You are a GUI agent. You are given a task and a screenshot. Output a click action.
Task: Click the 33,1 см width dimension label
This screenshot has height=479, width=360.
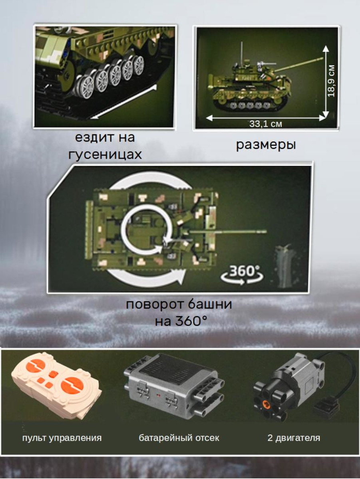(x=266, y=124)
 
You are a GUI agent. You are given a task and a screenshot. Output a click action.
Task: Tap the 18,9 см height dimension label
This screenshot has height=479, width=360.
(x=331, y=81)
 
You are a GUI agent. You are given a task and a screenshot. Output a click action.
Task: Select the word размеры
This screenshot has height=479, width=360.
(x=266, y=145)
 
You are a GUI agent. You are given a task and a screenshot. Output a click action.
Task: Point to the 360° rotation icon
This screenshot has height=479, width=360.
(x=242, y=275)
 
